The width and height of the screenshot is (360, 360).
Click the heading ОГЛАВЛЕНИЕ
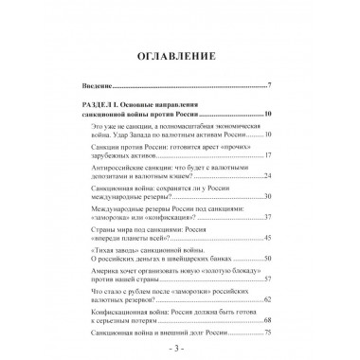pos(179,45)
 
